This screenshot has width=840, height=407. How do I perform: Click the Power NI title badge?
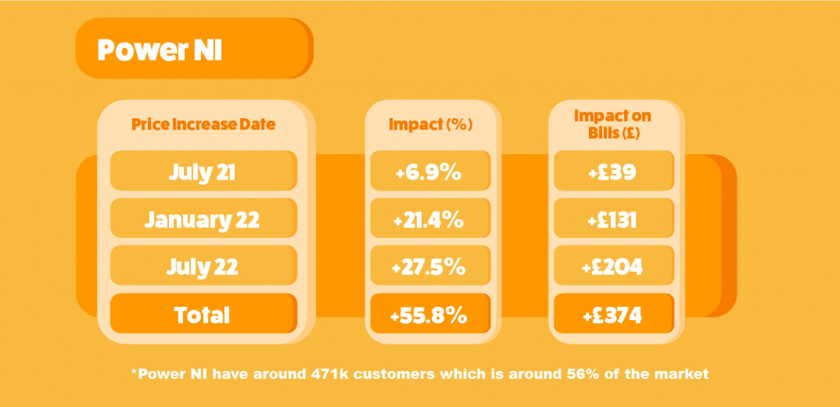194,48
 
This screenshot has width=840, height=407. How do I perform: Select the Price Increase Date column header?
203,125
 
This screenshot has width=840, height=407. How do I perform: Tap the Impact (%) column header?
431,125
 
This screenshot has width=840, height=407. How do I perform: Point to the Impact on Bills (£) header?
612,124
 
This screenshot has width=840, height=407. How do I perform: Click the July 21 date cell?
203,171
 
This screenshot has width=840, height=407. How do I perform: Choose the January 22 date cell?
203,218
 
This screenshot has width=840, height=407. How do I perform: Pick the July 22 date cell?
203,266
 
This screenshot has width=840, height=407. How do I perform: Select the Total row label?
203,313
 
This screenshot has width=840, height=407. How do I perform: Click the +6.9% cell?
430,171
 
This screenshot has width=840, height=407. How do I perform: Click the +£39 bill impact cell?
614,171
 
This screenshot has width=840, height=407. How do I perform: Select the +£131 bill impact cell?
614,218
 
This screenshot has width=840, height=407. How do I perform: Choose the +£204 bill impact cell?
614,266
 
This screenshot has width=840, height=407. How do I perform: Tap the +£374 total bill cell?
614,313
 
